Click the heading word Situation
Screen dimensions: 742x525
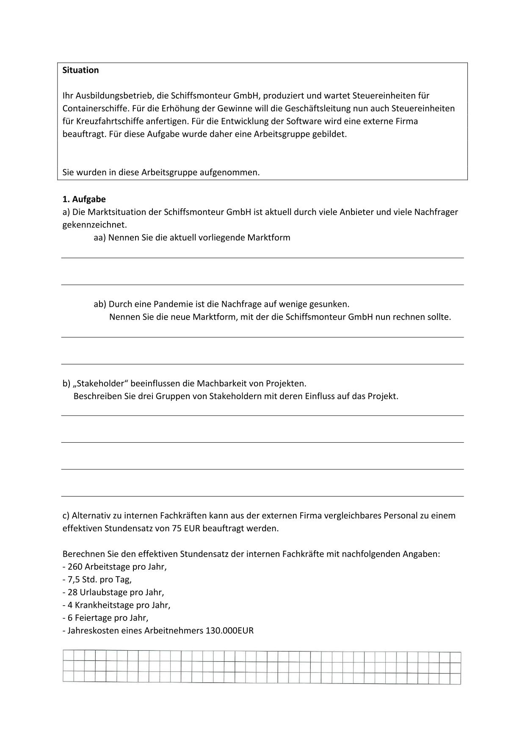point(80,70)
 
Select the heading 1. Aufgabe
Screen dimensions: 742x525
point(84,199)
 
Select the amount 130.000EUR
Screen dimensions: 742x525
point(229,630)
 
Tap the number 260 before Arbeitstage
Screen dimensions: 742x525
point(75,566)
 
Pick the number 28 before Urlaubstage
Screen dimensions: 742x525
point(72,592)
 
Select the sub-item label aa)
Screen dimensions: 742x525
point(99,237)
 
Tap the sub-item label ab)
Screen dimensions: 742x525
point(99,304)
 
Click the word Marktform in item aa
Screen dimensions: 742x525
point(269,237)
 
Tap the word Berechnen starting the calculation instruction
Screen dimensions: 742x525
point(82,554)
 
